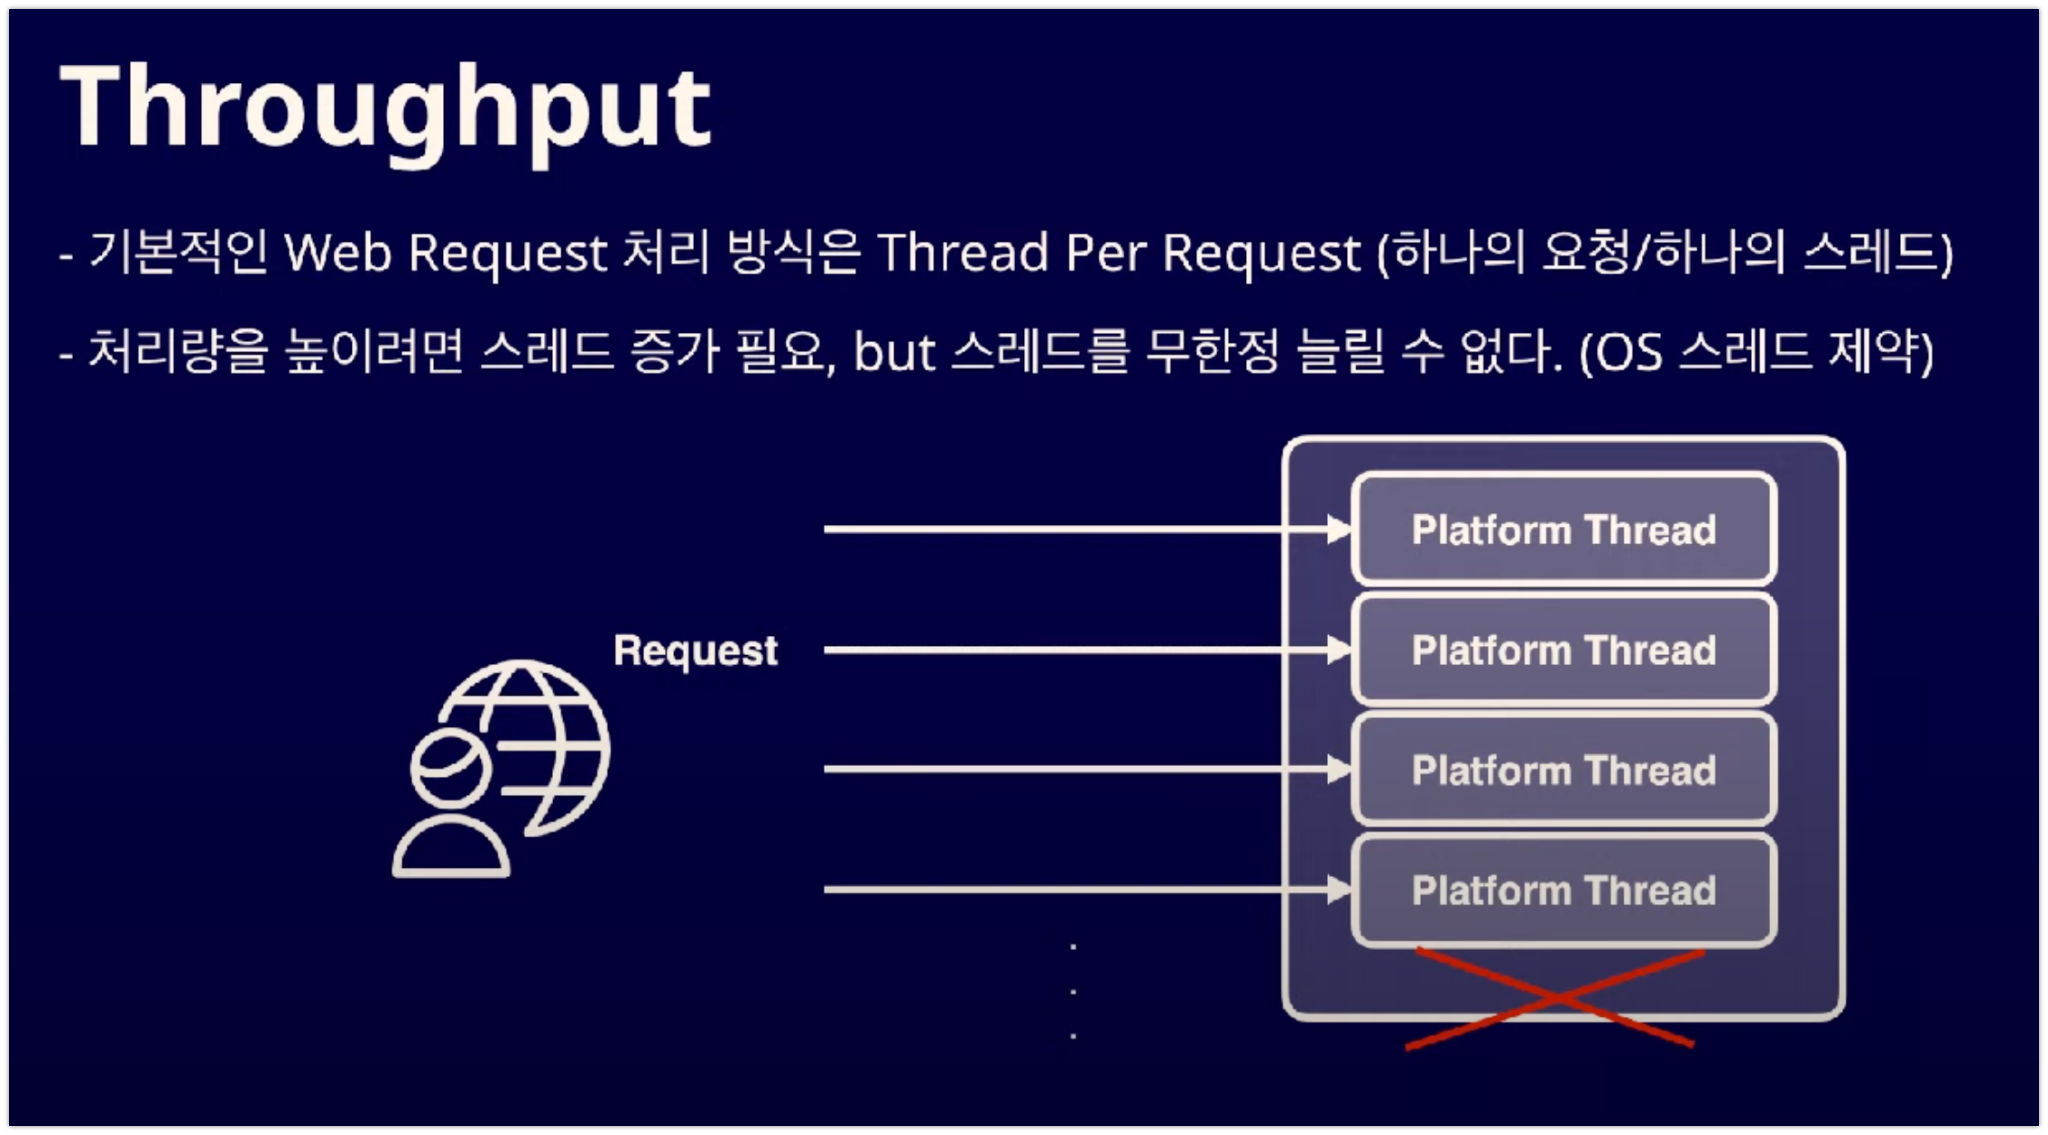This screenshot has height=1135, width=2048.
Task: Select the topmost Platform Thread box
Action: point(1564,530)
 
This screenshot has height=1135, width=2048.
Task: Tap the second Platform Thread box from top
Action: point(1564,650)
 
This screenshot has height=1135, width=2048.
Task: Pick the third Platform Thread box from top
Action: point(1564,771)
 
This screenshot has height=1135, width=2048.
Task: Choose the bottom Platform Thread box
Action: point(1564,890)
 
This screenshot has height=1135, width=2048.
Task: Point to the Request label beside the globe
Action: point(695,651)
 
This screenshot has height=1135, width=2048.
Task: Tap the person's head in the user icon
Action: point(450,768)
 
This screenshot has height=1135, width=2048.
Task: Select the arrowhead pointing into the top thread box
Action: point(1339,530)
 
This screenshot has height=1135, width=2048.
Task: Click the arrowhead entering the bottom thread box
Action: point(1339,890)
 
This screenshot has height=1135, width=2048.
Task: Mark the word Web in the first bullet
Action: point(338,253)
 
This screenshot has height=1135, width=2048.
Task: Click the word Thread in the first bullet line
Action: point(963,253)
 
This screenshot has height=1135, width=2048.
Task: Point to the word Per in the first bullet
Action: point(1105,253)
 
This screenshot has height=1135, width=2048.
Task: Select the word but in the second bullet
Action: point(894,352)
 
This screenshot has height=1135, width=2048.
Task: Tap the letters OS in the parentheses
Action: point(1628,353)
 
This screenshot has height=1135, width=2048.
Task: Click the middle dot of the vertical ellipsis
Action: point(1073,992)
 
